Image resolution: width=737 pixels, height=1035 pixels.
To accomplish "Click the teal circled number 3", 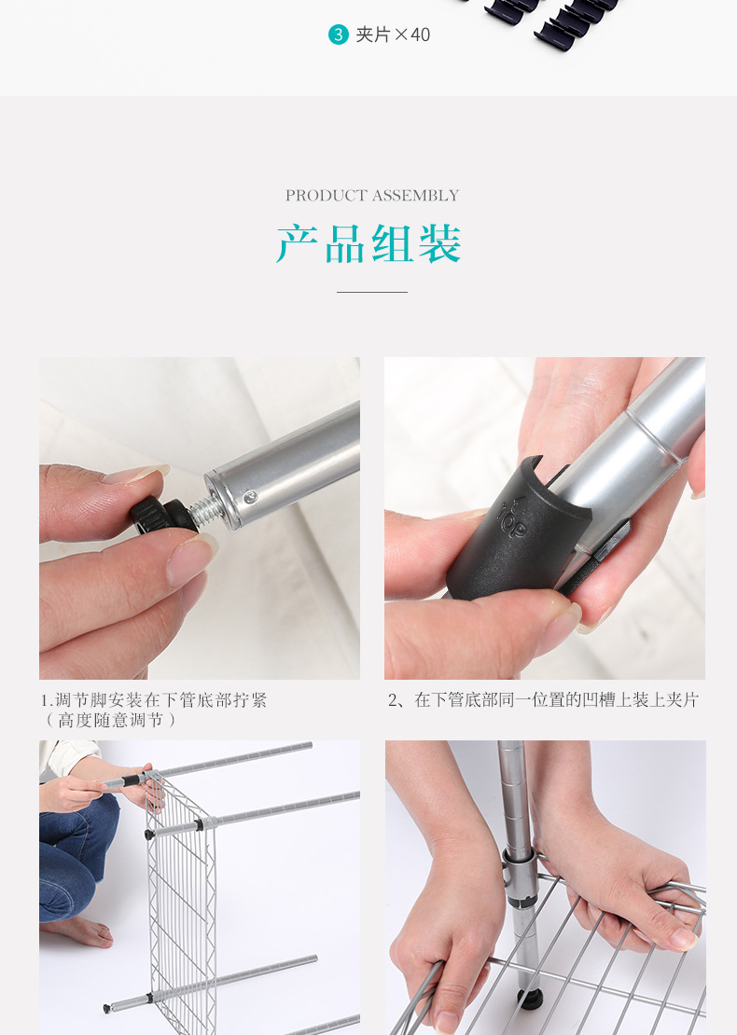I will coord(338,34).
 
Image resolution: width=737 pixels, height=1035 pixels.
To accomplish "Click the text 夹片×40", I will coord(393,34).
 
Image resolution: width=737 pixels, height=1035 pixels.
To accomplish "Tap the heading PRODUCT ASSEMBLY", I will coord(372,196).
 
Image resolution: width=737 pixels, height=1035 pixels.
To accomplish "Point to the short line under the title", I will coord(372,292).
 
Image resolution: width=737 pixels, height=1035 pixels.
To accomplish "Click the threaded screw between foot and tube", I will coord(206,507).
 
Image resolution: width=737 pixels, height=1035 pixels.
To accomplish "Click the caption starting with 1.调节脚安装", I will coord(153,700).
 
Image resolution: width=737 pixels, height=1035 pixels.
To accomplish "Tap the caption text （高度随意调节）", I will coord(110,720).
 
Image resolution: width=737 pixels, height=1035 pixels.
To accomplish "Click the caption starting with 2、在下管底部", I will coord(543,700).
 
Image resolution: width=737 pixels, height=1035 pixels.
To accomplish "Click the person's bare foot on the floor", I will coord(79,931).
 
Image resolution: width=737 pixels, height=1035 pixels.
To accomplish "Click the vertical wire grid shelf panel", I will coord(182,895).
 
